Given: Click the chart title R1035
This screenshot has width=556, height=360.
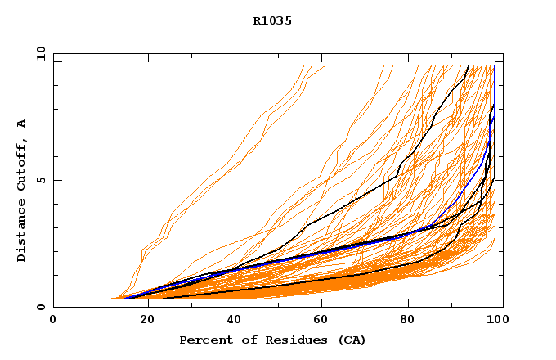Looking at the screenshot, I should point(272,21).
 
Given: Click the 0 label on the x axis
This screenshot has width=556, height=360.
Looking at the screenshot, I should point(53,321).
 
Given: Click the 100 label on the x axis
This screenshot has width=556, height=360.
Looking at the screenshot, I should point(495,321).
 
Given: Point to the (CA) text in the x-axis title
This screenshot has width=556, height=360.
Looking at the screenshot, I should point(350,340).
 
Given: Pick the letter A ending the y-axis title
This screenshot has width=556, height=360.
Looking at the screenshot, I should point(22,124).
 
